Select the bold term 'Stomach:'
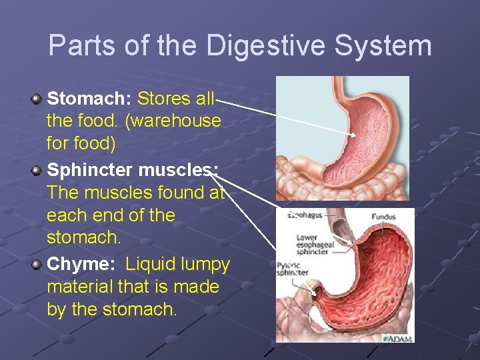pos(89,99)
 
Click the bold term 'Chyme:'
pos(82,264)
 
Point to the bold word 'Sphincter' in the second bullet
pos(91,171)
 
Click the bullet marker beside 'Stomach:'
pos(37,99)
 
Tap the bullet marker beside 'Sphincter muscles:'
pos(37,171)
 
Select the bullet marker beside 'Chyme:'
pos(37,265)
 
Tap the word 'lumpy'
pos(206,264)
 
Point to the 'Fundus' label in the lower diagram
pos(383,216)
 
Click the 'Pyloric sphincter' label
pos(291,269)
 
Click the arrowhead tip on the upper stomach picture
pos(355,136)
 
